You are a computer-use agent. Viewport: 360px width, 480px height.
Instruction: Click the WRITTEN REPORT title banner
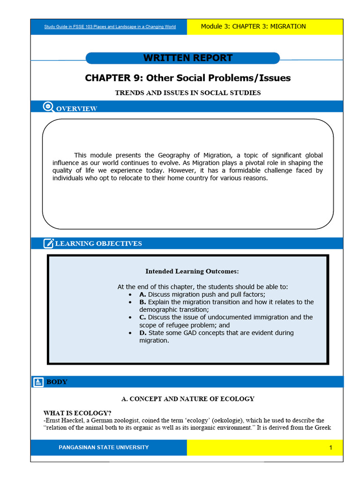click(187, 58)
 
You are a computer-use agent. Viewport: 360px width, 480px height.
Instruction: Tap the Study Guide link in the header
click(110, 27)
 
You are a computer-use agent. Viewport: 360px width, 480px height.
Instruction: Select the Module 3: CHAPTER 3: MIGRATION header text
click(253, 26)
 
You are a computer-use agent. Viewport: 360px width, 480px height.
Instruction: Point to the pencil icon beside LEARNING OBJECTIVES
click(48, 243)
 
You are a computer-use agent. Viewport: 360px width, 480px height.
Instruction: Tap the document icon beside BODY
click(38, 382)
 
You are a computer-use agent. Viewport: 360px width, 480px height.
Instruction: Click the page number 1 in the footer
click(330, 448)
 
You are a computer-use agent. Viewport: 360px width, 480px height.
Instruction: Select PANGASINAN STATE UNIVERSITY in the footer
click(104, 448)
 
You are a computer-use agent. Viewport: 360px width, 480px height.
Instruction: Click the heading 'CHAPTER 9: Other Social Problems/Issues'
click(187, 78)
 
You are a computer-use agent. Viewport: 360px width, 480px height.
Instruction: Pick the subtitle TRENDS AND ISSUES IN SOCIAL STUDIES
click(187, 93)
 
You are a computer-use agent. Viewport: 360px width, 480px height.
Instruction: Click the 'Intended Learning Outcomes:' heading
click(192, 271)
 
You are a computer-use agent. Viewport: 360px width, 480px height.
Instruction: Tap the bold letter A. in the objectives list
click(142, 294)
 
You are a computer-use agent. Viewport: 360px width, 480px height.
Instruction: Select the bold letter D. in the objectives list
click(143, 333)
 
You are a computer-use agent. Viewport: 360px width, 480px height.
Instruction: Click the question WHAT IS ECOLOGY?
click(77, 413)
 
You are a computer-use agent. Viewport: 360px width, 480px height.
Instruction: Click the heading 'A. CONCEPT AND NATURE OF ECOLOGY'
click(187, 399)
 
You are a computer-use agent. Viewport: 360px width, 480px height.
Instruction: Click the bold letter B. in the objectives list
click(142, 302)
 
